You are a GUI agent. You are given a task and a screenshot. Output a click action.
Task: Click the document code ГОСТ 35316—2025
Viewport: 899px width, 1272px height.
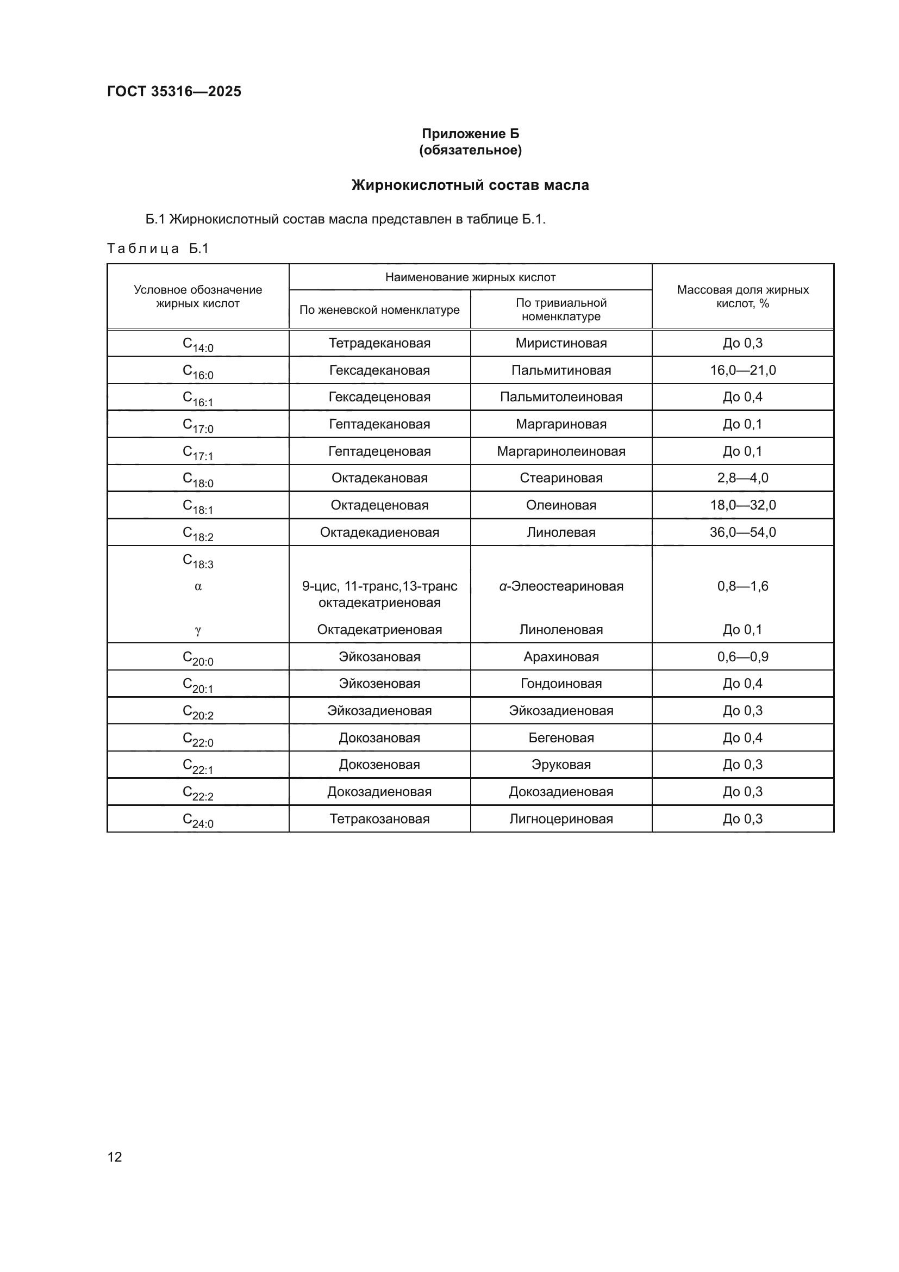coord(174,91)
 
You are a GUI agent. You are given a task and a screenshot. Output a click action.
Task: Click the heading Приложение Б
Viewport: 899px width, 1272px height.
coord(470,134)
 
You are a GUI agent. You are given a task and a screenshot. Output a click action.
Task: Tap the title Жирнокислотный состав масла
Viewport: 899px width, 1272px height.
coord(470,185)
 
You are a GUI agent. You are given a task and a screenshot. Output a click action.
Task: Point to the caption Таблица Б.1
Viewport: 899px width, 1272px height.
coord(158,248)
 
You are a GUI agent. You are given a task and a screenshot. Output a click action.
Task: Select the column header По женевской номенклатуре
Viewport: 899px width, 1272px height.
coord(379,309)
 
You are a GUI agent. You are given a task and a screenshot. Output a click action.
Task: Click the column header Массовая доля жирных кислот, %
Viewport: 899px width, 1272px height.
coord(742,296)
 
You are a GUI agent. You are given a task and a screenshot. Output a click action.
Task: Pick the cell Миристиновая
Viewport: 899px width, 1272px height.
coord(561,343)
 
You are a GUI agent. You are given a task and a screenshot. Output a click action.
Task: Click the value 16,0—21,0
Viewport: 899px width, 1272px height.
coord(742,370)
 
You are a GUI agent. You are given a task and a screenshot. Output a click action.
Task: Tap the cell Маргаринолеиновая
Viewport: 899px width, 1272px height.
coord(561,451)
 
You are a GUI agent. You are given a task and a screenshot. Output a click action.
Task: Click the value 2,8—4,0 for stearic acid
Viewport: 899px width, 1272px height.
coord(742,477)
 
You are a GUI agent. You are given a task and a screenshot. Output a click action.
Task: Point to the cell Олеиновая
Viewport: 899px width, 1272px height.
coord(561,505)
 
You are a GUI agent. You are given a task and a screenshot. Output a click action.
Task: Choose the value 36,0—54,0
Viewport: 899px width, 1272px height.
coord(742,532)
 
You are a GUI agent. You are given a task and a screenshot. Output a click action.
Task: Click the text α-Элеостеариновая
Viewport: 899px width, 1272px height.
coord(561,586)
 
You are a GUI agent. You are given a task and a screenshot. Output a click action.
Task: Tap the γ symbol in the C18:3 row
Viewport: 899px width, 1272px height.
coord(198,630)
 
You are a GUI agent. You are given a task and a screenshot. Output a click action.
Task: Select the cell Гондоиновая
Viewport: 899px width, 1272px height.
coord(561,683)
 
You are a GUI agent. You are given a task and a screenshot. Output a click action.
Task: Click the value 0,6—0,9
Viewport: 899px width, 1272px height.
coord(742,656)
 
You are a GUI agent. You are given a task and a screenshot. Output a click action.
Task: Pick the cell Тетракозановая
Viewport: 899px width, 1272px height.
coord(379,818)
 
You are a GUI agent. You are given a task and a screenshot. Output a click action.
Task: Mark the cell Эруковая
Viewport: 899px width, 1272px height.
coord(561,765)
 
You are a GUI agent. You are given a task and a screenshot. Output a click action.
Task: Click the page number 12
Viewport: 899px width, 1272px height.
coord(115,1157)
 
